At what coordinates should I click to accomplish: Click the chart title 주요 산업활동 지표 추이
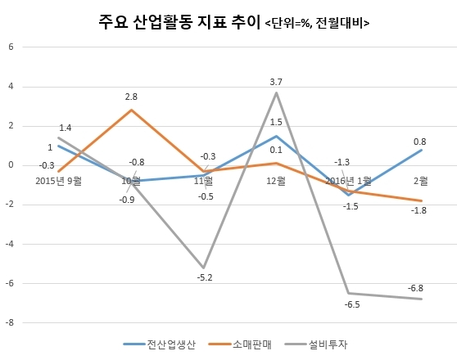point(179,22)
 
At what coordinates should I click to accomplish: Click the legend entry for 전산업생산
point(160,344)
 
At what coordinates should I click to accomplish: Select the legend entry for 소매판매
point(240,344)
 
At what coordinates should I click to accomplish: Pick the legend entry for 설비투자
point(315,344)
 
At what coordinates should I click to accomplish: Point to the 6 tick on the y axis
point(11,47)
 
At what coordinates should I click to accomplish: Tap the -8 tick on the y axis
point(10,322)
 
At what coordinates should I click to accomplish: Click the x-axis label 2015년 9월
point(59,181)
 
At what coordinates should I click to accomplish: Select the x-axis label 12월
point(276,181)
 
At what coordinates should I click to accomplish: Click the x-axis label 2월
point(421,181)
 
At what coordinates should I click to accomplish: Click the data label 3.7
point(276,82)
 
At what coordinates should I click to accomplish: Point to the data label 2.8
point(131,97)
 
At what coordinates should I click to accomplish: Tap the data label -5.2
point(205,277)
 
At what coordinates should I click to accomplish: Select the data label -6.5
point(352,304)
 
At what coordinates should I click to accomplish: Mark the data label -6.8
point(415,288)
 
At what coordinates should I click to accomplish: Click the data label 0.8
point(419,142)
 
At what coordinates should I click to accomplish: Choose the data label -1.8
point(419,210)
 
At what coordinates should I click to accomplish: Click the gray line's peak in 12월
point(276,92)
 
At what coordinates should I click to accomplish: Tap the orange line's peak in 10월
point(131,110)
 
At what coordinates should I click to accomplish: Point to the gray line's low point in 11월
point(203,268)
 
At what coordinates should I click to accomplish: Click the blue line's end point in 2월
point(421,150)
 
